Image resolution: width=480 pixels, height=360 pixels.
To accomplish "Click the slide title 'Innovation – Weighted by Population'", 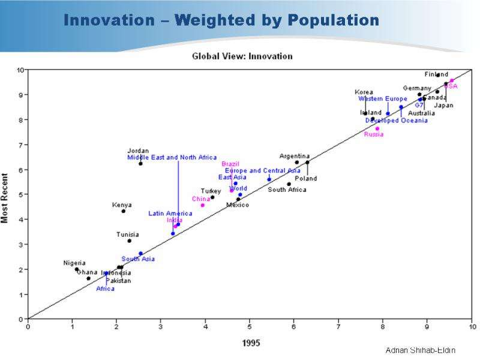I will [x=221, y=21].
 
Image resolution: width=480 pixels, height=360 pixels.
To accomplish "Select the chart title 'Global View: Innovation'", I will [x=242, y=56].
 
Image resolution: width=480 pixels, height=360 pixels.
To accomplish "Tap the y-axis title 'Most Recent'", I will [x=5, y=197].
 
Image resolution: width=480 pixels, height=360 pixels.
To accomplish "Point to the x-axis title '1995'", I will [x=250, y=343].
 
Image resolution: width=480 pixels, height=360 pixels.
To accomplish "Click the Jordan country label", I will [x=138, y=151].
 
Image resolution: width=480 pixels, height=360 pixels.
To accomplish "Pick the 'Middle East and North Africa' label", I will [x=172, y=157].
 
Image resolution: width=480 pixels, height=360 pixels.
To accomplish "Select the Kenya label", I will [x=122, y=205].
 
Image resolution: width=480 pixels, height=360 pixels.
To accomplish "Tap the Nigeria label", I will [x=74, y=263].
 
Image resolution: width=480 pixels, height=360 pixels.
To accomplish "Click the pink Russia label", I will [x=374, y=134].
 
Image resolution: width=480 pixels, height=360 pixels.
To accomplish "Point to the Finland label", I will [x=436, y=74].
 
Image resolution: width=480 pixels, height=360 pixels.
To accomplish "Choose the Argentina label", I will [x=295, y=157].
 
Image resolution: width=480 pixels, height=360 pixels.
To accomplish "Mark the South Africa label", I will [x=287, y=190].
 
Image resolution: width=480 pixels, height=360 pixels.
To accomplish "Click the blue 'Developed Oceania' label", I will [x=397, y=121].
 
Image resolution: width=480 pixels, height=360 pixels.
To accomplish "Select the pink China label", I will [x=201, y=199].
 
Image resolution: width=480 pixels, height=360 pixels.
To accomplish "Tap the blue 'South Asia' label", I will [x=138, y=259].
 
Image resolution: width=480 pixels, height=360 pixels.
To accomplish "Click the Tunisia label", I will [x=128, y=235].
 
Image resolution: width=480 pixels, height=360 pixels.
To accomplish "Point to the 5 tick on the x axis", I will [x=250, y=326].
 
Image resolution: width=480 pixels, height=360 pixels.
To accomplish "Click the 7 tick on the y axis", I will [x=21, y=145].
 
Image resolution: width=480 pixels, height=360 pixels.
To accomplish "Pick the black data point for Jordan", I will [x=140, y=163].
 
